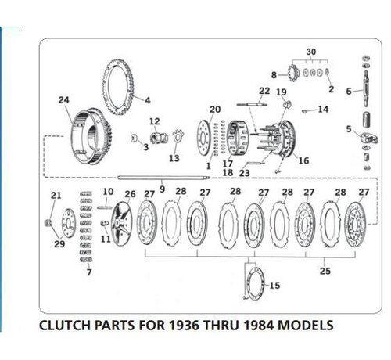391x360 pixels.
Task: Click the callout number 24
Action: [64, 100]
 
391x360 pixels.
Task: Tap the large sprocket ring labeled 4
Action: [118, 87]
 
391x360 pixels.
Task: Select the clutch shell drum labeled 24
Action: [91, 136]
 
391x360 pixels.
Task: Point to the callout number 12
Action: [154, 121]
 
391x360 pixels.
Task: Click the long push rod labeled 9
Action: [163, 178]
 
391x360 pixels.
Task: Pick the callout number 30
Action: [311, 52]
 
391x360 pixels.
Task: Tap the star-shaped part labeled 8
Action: [293, 74]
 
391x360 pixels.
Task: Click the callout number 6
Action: [349, 92]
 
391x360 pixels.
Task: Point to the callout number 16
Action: [303, 160]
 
